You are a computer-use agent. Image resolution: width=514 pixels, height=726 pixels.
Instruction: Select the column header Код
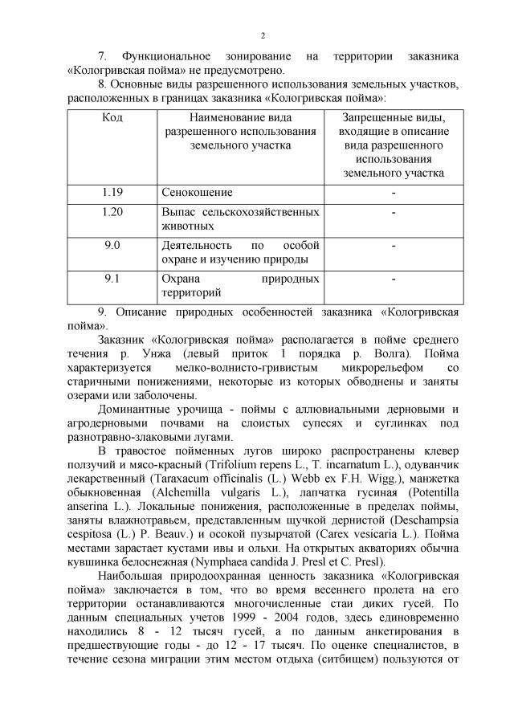tap(112, 118)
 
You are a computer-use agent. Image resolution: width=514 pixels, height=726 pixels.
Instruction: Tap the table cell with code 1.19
tap(112, 193)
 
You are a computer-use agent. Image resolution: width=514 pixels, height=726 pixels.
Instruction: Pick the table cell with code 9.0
tap(112, 244)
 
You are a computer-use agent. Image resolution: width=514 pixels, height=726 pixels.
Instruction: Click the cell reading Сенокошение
tap(197, 193)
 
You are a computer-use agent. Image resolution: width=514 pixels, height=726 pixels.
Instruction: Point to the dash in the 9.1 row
tap(394, 279)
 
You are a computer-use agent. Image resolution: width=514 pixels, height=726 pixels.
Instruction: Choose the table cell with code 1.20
tap(112, 211)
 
